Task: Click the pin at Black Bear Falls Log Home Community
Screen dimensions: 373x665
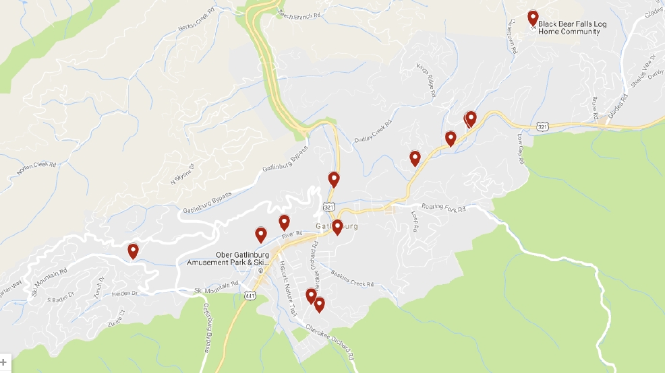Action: point(533,18)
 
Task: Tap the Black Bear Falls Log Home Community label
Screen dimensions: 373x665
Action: point(568,28)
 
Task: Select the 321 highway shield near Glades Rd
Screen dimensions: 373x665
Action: point(543,126)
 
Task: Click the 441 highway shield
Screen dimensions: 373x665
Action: point(250,296)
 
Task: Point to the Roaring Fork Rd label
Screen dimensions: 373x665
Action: point(443,208)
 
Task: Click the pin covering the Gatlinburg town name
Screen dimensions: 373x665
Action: point(337,227)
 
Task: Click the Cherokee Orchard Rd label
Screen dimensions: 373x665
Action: point(330,342)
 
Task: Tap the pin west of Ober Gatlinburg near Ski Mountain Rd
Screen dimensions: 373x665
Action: point(134,251)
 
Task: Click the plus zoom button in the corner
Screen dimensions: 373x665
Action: point(4,362)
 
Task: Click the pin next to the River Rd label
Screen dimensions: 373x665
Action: point(284,222)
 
